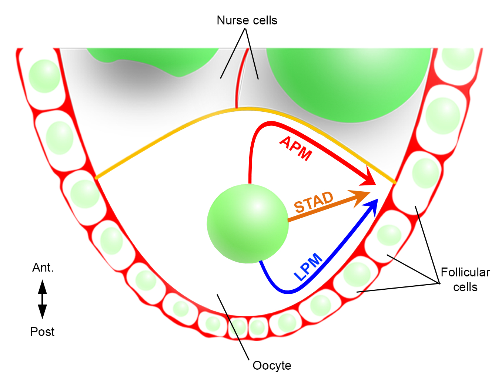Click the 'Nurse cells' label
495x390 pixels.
[x=247, y=20]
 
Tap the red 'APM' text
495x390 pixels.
[x=296, y=148]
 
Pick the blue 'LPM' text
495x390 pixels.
[x=308, y=266]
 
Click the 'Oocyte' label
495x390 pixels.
[x=272, y=366]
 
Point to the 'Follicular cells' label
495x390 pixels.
[x=465, y=280]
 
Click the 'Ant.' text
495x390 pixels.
[x=43, y=268]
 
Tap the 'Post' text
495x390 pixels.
[x=42, y=332]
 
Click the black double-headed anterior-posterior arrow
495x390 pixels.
[x=43, y=299]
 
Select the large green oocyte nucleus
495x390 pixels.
[x=247, y=223]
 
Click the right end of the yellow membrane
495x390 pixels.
[x=394, y=182]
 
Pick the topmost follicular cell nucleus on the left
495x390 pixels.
[x=44, y=76]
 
